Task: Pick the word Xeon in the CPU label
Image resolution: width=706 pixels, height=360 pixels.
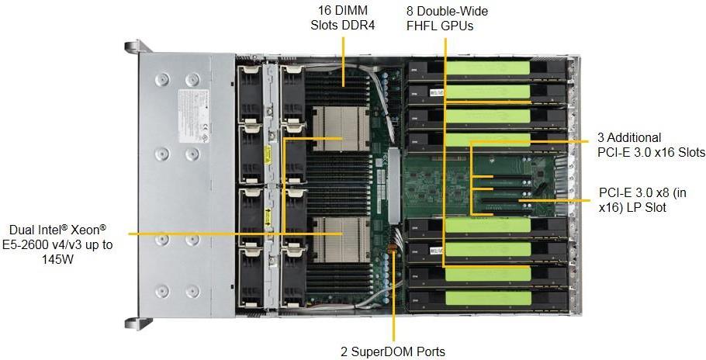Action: tap(88, 230)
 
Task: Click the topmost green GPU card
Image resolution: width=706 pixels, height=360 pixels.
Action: tap(489, 67)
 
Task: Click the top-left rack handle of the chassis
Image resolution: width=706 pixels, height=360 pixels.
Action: tap(133, 47)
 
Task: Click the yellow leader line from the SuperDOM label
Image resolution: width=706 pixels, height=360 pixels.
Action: tap(393, 303)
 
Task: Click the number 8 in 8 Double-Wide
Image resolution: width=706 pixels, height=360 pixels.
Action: tap(410, 11)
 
